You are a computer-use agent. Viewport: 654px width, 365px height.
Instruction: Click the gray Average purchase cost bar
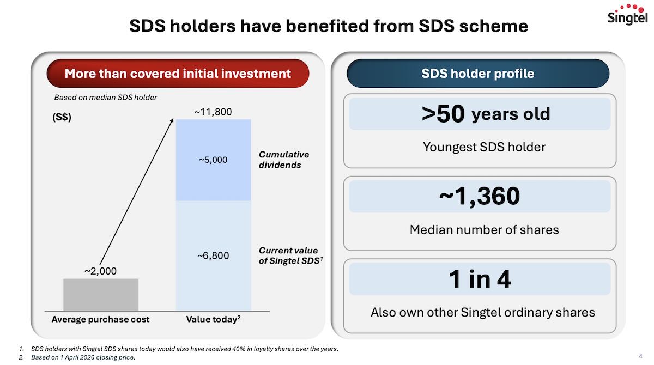click(101, 295)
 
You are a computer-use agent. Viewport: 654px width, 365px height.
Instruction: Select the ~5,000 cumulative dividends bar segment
click(213, 160)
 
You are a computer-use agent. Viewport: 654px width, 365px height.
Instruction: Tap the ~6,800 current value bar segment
click(213, 255)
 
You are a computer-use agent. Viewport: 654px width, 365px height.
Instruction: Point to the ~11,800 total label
click(213, 112)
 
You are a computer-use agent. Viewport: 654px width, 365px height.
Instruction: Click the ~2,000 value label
click(100, 271)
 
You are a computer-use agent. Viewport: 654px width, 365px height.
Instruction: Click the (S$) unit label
click(62, 118)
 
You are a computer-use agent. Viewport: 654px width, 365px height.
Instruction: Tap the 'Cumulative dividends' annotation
click(283, 160)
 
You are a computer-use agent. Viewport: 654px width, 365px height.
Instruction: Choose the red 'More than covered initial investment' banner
click(178, 74)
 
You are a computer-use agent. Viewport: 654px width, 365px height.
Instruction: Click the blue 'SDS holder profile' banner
click(478, 74)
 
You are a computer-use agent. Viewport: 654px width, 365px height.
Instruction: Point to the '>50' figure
click(443, 114)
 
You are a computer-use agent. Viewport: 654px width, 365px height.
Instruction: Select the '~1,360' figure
click(480, 196)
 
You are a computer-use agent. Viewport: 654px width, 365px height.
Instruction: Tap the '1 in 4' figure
click(480, 279)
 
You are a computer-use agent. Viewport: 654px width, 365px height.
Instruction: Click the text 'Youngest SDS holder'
click(484, 147)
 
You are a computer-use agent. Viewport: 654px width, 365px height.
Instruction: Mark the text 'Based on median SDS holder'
click(105, 98)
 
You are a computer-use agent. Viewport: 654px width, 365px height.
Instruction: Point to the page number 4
click(640, 356)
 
